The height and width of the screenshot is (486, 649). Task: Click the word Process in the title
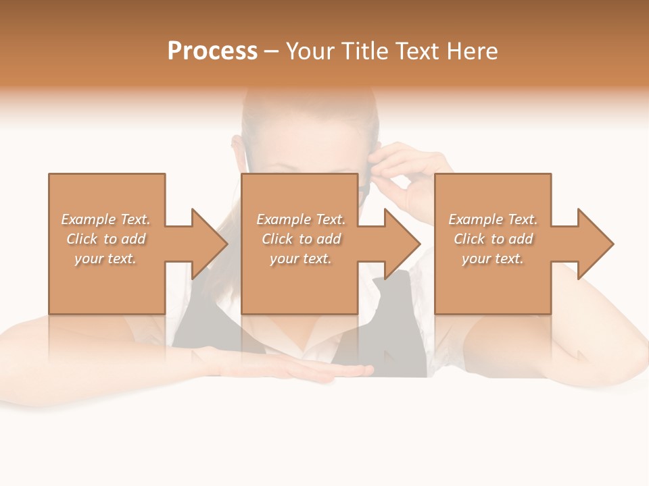coord(212,51)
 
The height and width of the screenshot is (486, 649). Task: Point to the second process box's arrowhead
coord(402,244)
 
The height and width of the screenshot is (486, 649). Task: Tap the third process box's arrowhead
coord(595,244)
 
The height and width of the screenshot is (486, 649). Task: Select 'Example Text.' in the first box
coord(105,219)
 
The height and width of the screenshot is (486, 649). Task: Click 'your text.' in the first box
coord(105,259)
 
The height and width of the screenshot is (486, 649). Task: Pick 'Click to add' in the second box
coord(301,239)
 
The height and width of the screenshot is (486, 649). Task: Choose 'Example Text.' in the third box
coord(493,219)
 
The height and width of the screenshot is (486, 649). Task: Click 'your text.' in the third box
coord(493,259)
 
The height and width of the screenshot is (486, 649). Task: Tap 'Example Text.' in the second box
coord(301,219)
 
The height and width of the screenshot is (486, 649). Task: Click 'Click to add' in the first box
coord(105,239)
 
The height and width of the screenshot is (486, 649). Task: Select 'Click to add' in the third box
coord(493,239)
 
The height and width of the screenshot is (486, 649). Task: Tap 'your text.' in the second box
coord(301,259)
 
